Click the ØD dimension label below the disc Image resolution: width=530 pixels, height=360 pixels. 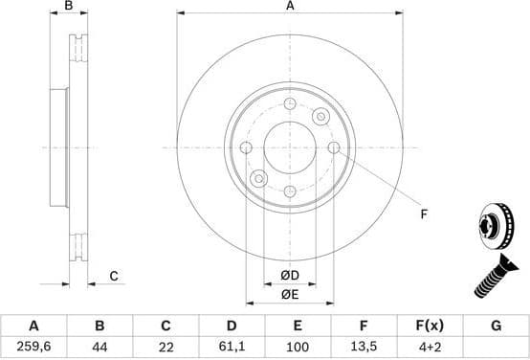coord(289,276)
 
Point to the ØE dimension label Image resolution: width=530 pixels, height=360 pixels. coord(289,294)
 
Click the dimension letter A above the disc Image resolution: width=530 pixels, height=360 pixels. coord(290,7)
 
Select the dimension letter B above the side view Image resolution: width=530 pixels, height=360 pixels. coord(68,7)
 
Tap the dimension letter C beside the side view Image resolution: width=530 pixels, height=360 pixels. coord(113,277)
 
